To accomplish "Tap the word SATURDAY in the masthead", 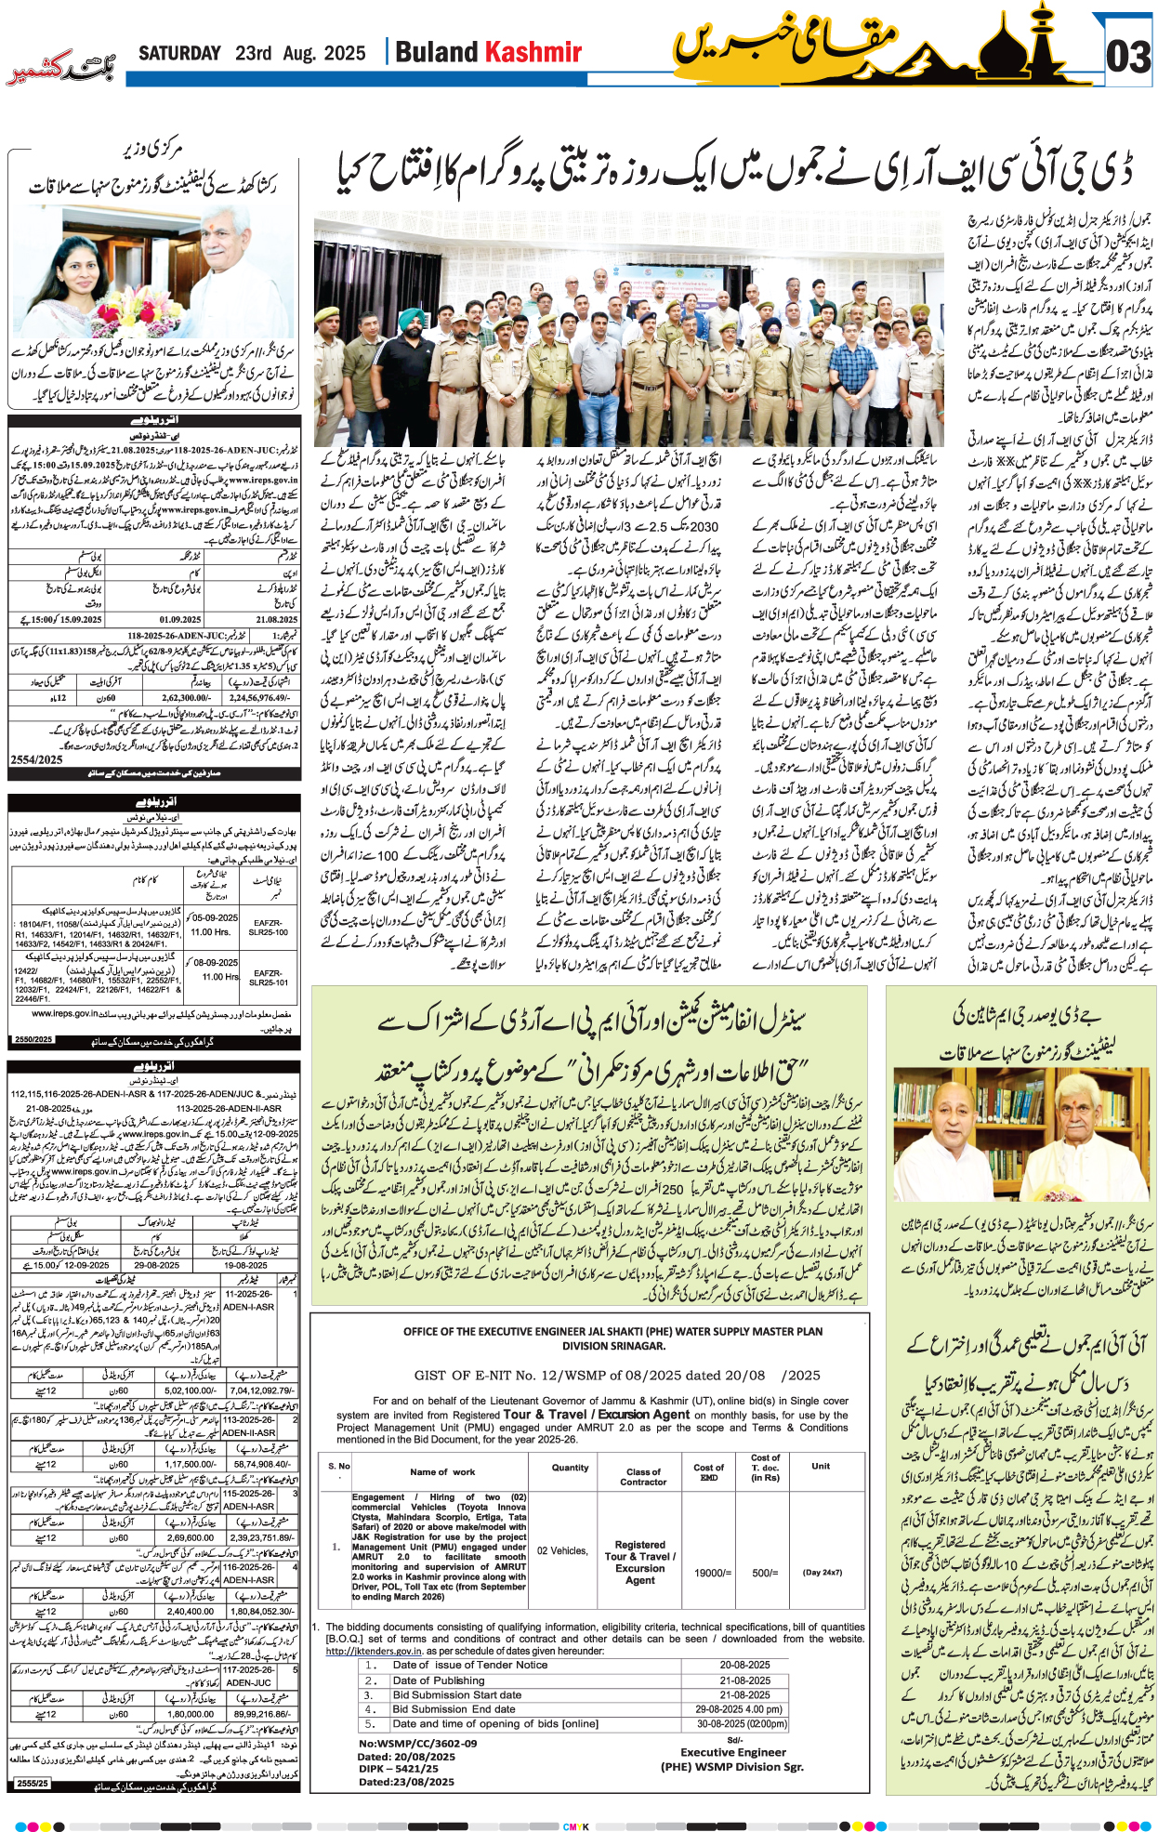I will pyautogui.click(x=180, y=53).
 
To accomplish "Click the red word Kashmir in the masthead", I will pyautogui.click(x=534, y=52).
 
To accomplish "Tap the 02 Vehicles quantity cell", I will pyautogui.click(x=562, y=1550).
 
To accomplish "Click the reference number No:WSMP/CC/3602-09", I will pyautogui.click(x=417, y=1744).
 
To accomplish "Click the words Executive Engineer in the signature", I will pyautogui.click(x=732, y=1752).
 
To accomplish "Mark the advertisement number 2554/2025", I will pyautogui.click(x=36, y=759).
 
